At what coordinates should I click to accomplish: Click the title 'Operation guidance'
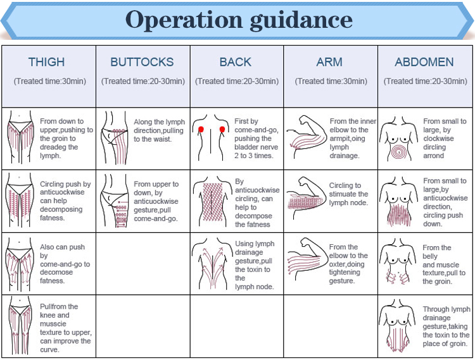point(239,20)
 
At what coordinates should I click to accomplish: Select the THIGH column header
point(46,62)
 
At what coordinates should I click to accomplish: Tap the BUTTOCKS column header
point(142,62)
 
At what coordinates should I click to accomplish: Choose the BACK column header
point(236,62)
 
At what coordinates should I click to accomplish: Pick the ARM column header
point(329,62)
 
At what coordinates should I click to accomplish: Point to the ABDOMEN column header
point(424,62)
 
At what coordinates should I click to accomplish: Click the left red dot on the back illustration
point(201,129)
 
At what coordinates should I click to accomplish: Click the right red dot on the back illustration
point(223,129)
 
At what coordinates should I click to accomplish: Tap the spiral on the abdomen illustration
point(399,152)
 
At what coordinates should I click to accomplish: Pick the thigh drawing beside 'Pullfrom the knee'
point(23,326)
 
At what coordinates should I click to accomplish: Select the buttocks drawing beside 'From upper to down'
point(116,201)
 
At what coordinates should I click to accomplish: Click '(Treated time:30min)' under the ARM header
point(329,81)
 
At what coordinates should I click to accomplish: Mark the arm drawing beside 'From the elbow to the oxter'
point(305,263)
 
